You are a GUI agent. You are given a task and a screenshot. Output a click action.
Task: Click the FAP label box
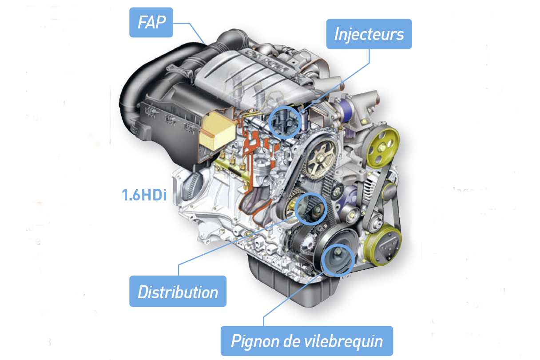[151, 23]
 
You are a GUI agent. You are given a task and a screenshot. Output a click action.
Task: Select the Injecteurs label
[369, 34]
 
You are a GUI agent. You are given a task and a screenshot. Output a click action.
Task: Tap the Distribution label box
[178, 292]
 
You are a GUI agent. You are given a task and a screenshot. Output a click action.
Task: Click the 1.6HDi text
[144, 196]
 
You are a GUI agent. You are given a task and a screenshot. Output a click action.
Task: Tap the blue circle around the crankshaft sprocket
[338, 260]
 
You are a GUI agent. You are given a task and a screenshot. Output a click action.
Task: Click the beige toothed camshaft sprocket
[322, 158]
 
